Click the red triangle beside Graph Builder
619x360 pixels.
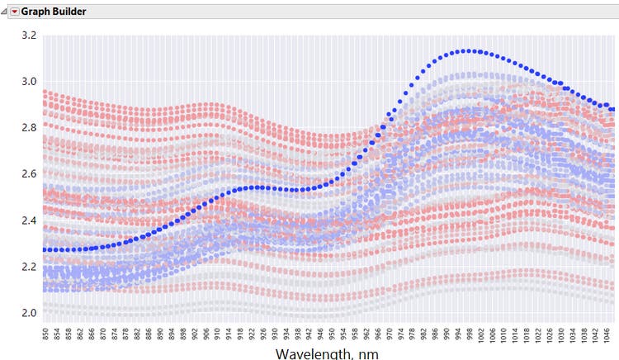(14, 12)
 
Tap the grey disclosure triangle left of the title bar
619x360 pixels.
(4, 12)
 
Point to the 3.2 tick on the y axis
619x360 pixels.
(30, 36)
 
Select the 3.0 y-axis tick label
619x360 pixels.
(30, 82)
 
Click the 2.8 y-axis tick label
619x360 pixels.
(30, 128)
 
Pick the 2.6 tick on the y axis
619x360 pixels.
(30, 174)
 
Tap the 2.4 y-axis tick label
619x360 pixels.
(30, 220)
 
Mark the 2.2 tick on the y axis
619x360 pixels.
(30, 267)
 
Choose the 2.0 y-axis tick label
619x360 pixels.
(30, 313)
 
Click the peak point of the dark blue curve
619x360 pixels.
(469, 51)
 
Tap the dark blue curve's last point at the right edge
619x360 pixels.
(612, 109)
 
